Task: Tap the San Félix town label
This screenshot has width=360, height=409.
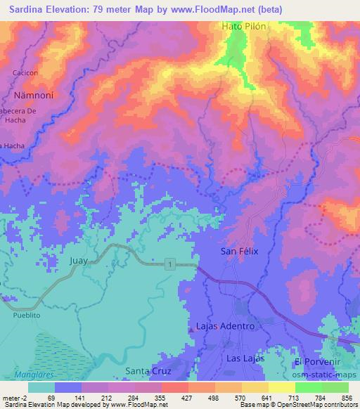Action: [x=240, y=251]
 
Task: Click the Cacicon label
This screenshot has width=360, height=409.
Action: [x=26, y=72]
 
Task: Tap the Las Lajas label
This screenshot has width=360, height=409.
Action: [x=245, y=358]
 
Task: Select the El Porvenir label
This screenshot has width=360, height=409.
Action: [x=318, y=361]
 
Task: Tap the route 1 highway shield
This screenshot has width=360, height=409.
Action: [x=169, y=264]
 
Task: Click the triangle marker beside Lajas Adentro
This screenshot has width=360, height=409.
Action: [x=191, y=328]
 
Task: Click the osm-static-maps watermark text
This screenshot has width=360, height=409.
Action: [x=331, y=372]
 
